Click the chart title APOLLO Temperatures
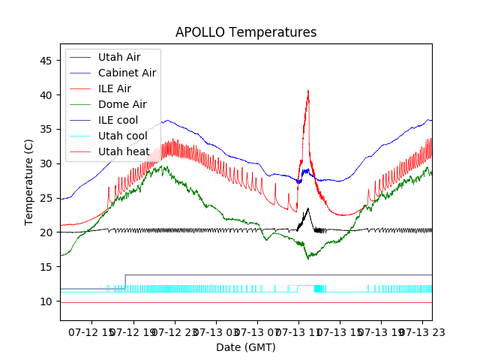tap(246, 33)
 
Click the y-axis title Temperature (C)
tap(29, 181)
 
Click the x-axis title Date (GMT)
tap(246, 347)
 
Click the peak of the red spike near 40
tap(307, 91)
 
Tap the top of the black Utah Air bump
tap(307, 208)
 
